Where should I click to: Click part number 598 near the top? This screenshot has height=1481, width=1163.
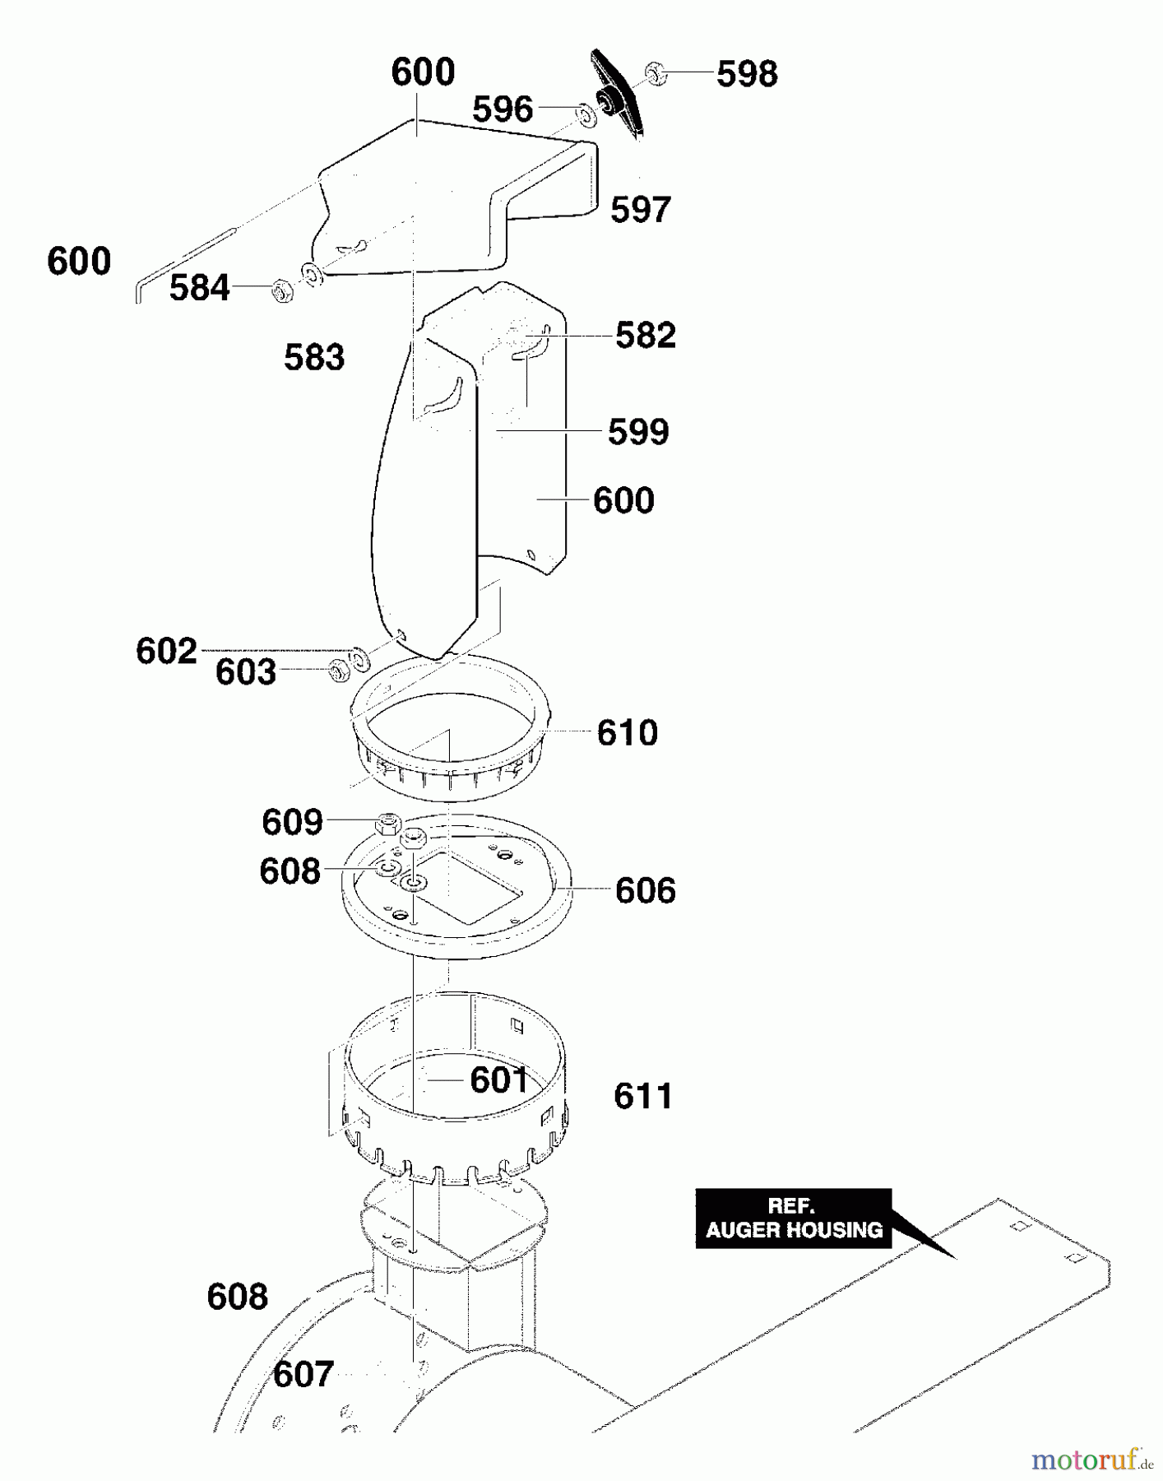pyautogui.click(x=747, y=74)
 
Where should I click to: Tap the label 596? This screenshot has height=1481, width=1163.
pyautogui.click(x=503, y=109)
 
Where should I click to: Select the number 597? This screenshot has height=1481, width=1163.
pyautogui.click(x=641, y=210)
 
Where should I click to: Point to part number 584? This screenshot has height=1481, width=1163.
pyautogui.click(x=200, y=289)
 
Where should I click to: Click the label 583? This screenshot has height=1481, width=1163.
pyautogui.click(x=314, y=358)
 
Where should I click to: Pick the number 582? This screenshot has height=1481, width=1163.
pyautogui.click(x=646, y=336)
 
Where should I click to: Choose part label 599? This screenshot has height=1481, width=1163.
pyautogui.click(x=638, y=432)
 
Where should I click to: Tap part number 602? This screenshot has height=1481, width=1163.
pyautogui.click(x=167, y=652)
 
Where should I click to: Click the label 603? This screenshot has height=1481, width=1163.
pyautogui.click(x=246, y=672)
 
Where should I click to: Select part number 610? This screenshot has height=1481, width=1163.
pyautogui.click(x=628, y=733)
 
